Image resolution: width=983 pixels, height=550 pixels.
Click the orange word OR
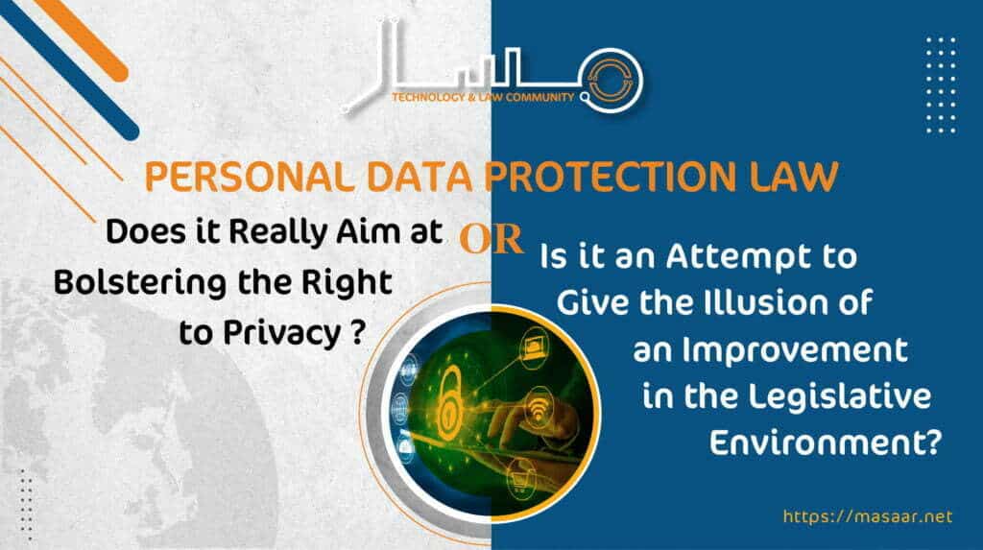pyautogui.click(x=491, y=239)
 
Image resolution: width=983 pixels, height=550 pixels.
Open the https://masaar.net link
pyautogui.click(x=868, y=516)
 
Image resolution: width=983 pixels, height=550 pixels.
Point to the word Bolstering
pyautogui.click(x=140, y=283)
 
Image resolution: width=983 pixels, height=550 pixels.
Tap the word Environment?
pyautogui.click(x=825, y=442)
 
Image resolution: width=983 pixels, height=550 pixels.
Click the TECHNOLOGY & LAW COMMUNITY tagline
pyautogui.click(x=483, y=97)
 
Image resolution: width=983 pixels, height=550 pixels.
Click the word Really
pyautogui.click(x=277, y=233)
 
